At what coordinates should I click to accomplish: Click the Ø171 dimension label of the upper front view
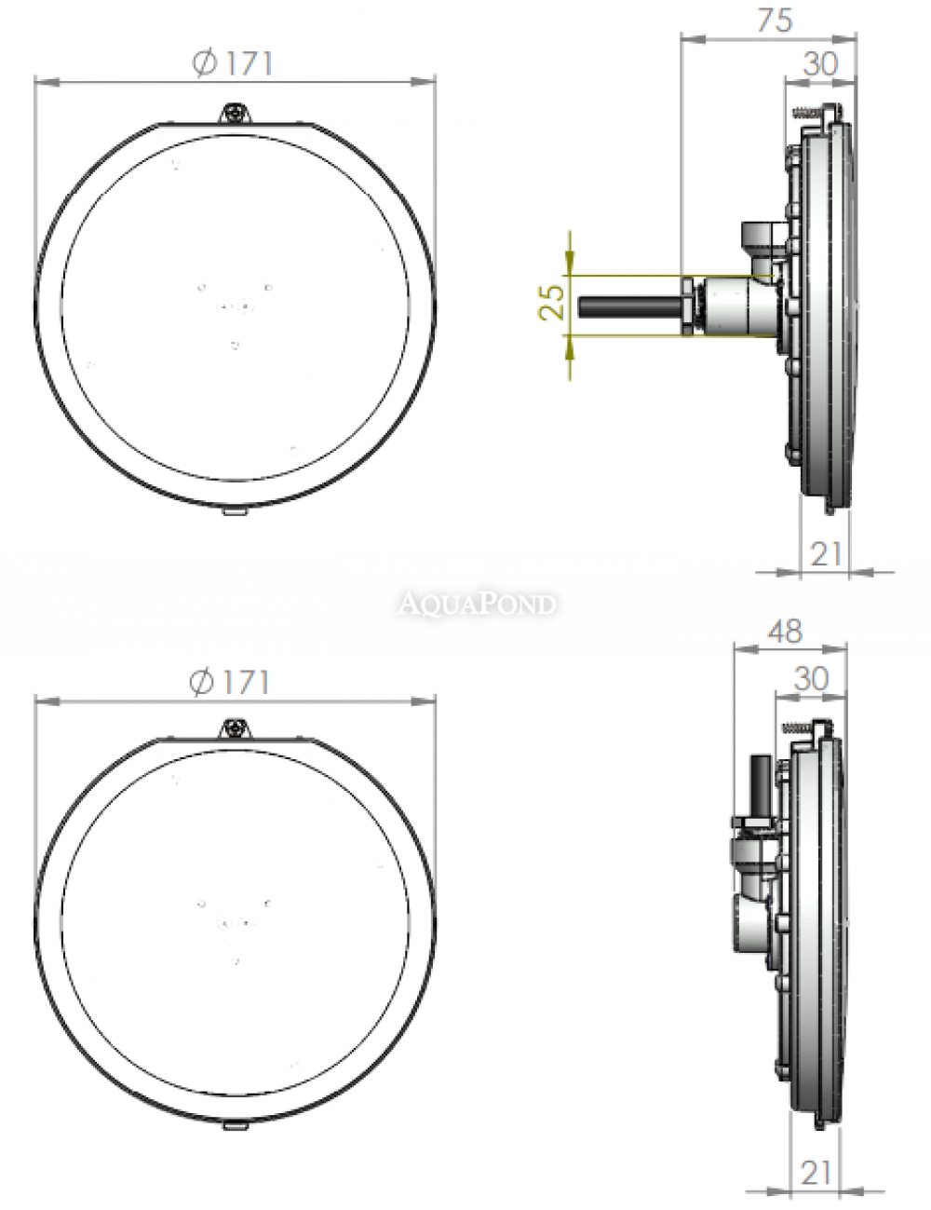click(233, 63)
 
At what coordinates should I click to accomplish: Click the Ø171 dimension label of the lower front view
click(229, 682)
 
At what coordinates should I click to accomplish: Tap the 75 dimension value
click(776, 20)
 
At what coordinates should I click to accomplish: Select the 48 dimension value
click(785, 632)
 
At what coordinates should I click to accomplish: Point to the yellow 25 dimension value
click(551, 303)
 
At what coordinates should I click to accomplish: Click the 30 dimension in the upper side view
click(821, 64)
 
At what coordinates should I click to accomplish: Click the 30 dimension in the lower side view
click(811, 678)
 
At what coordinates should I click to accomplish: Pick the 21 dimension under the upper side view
click(825, 554)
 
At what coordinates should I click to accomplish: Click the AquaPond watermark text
click(477, 604)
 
